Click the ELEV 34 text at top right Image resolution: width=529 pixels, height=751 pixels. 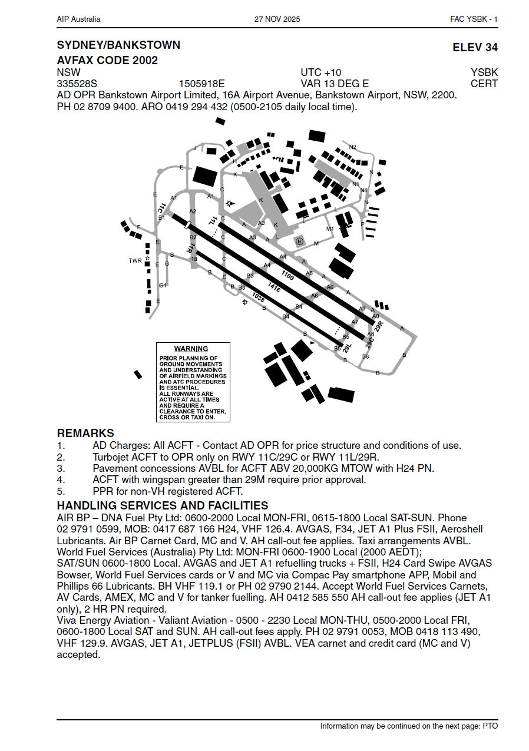(475, 48)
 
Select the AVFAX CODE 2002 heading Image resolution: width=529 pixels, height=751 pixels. (107, 60)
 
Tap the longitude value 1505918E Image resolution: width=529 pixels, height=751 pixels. (201, 84)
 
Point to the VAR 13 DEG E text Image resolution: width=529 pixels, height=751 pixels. (335, 84)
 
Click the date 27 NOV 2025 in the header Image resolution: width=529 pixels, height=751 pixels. (277, 19)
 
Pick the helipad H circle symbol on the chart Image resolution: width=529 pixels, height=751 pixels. (299, 241)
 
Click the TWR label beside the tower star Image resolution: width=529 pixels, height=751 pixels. (135, 260)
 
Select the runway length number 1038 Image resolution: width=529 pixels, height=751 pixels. (258, 297)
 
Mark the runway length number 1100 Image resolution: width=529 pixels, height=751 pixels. (287, 275)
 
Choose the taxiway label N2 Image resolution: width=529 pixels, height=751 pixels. (353, 147)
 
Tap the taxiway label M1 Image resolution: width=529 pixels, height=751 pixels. (330, 229)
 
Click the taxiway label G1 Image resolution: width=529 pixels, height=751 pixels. (163, 285)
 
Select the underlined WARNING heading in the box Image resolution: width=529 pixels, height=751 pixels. (191, 349)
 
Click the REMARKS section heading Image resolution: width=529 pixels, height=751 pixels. (85, 434)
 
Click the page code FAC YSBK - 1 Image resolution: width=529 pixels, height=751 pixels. (474, 19)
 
